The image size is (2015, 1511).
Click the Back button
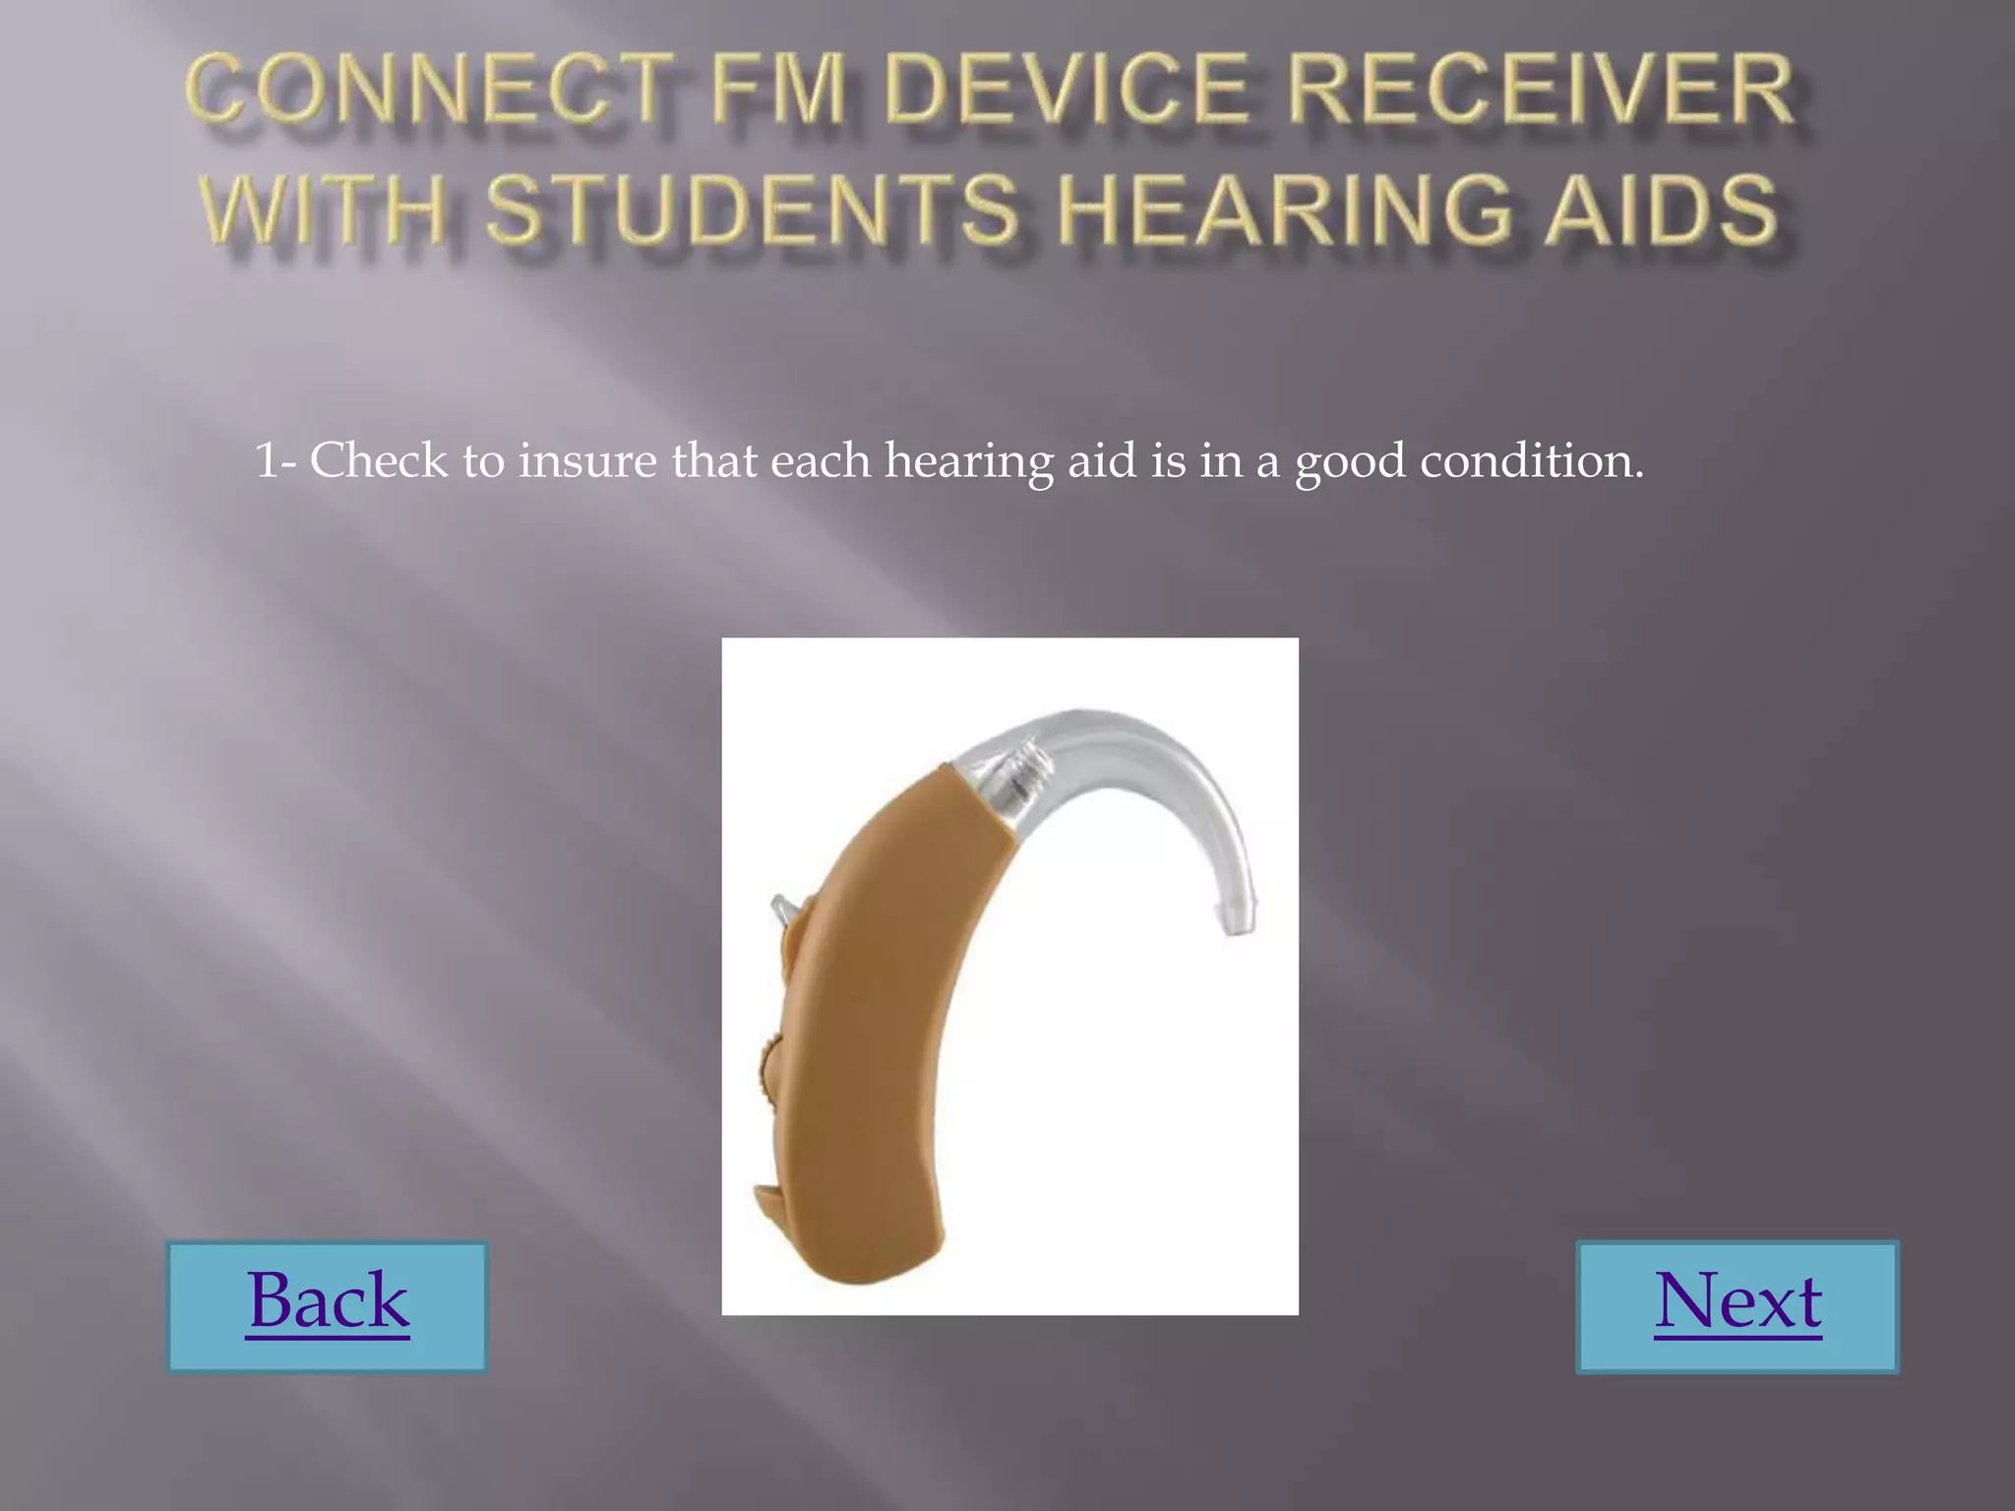328,1304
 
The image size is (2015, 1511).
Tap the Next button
1738,1304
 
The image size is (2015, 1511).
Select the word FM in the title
778,91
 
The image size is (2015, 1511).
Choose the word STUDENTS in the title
753,209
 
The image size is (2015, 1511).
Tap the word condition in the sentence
1531,460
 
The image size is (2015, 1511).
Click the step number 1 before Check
266,460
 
